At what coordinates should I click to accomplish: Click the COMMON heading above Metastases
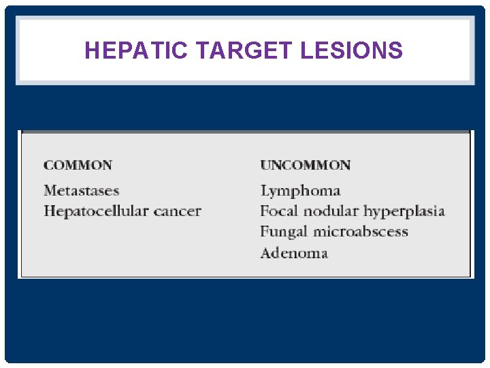pyautogui.click(x=78, y=165)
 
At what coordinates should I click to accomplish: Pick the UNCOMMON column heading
pyautogui.click(x=306, y=165)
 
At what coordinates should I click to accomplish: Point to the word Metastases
pyautogui.click(x=81, y=191)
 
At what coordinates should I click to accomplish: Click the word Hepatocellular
pyautogui.click(x=95, y=211)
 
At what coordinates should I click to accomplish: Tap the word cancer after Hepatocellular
pyautogui.click(x=177, y=211)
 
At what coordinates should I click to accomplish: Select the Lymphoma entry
pyautogui.click(x=300, y=191)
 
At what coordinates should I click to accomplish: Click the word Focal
pyautogui.click(x=279, y=211)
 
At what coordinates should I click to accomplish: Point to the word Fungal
pyautogui.click(x=284, y=232)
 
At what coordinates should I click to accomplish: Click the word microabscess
pyautogui.click(x=361, y=232)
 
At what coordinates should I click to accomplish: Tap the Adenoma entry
pyautogui.click(x=294, y=254)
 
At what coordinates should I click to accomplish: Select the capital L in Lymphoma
pyautogui.click(x=265, y=191)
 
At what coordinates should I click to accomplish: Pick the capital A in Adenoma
pyautogui.click(x=266, y=254)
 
